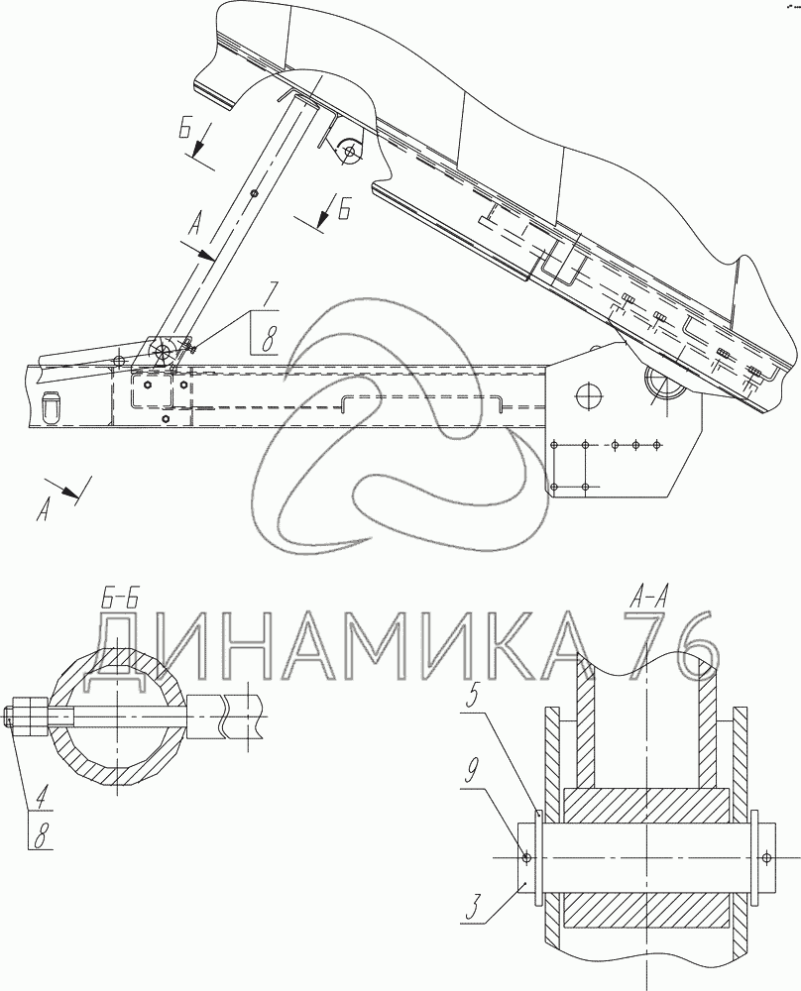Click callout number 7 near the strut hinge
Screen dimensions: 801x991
click(x=270, y=294)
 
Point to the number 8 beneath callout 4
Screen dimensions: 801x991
click(x=41, y=836)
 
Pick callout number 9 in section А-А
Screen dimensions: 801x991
click(x=469, y=776)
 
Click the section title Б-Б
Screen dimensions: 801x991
click(x=120, y=598)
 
